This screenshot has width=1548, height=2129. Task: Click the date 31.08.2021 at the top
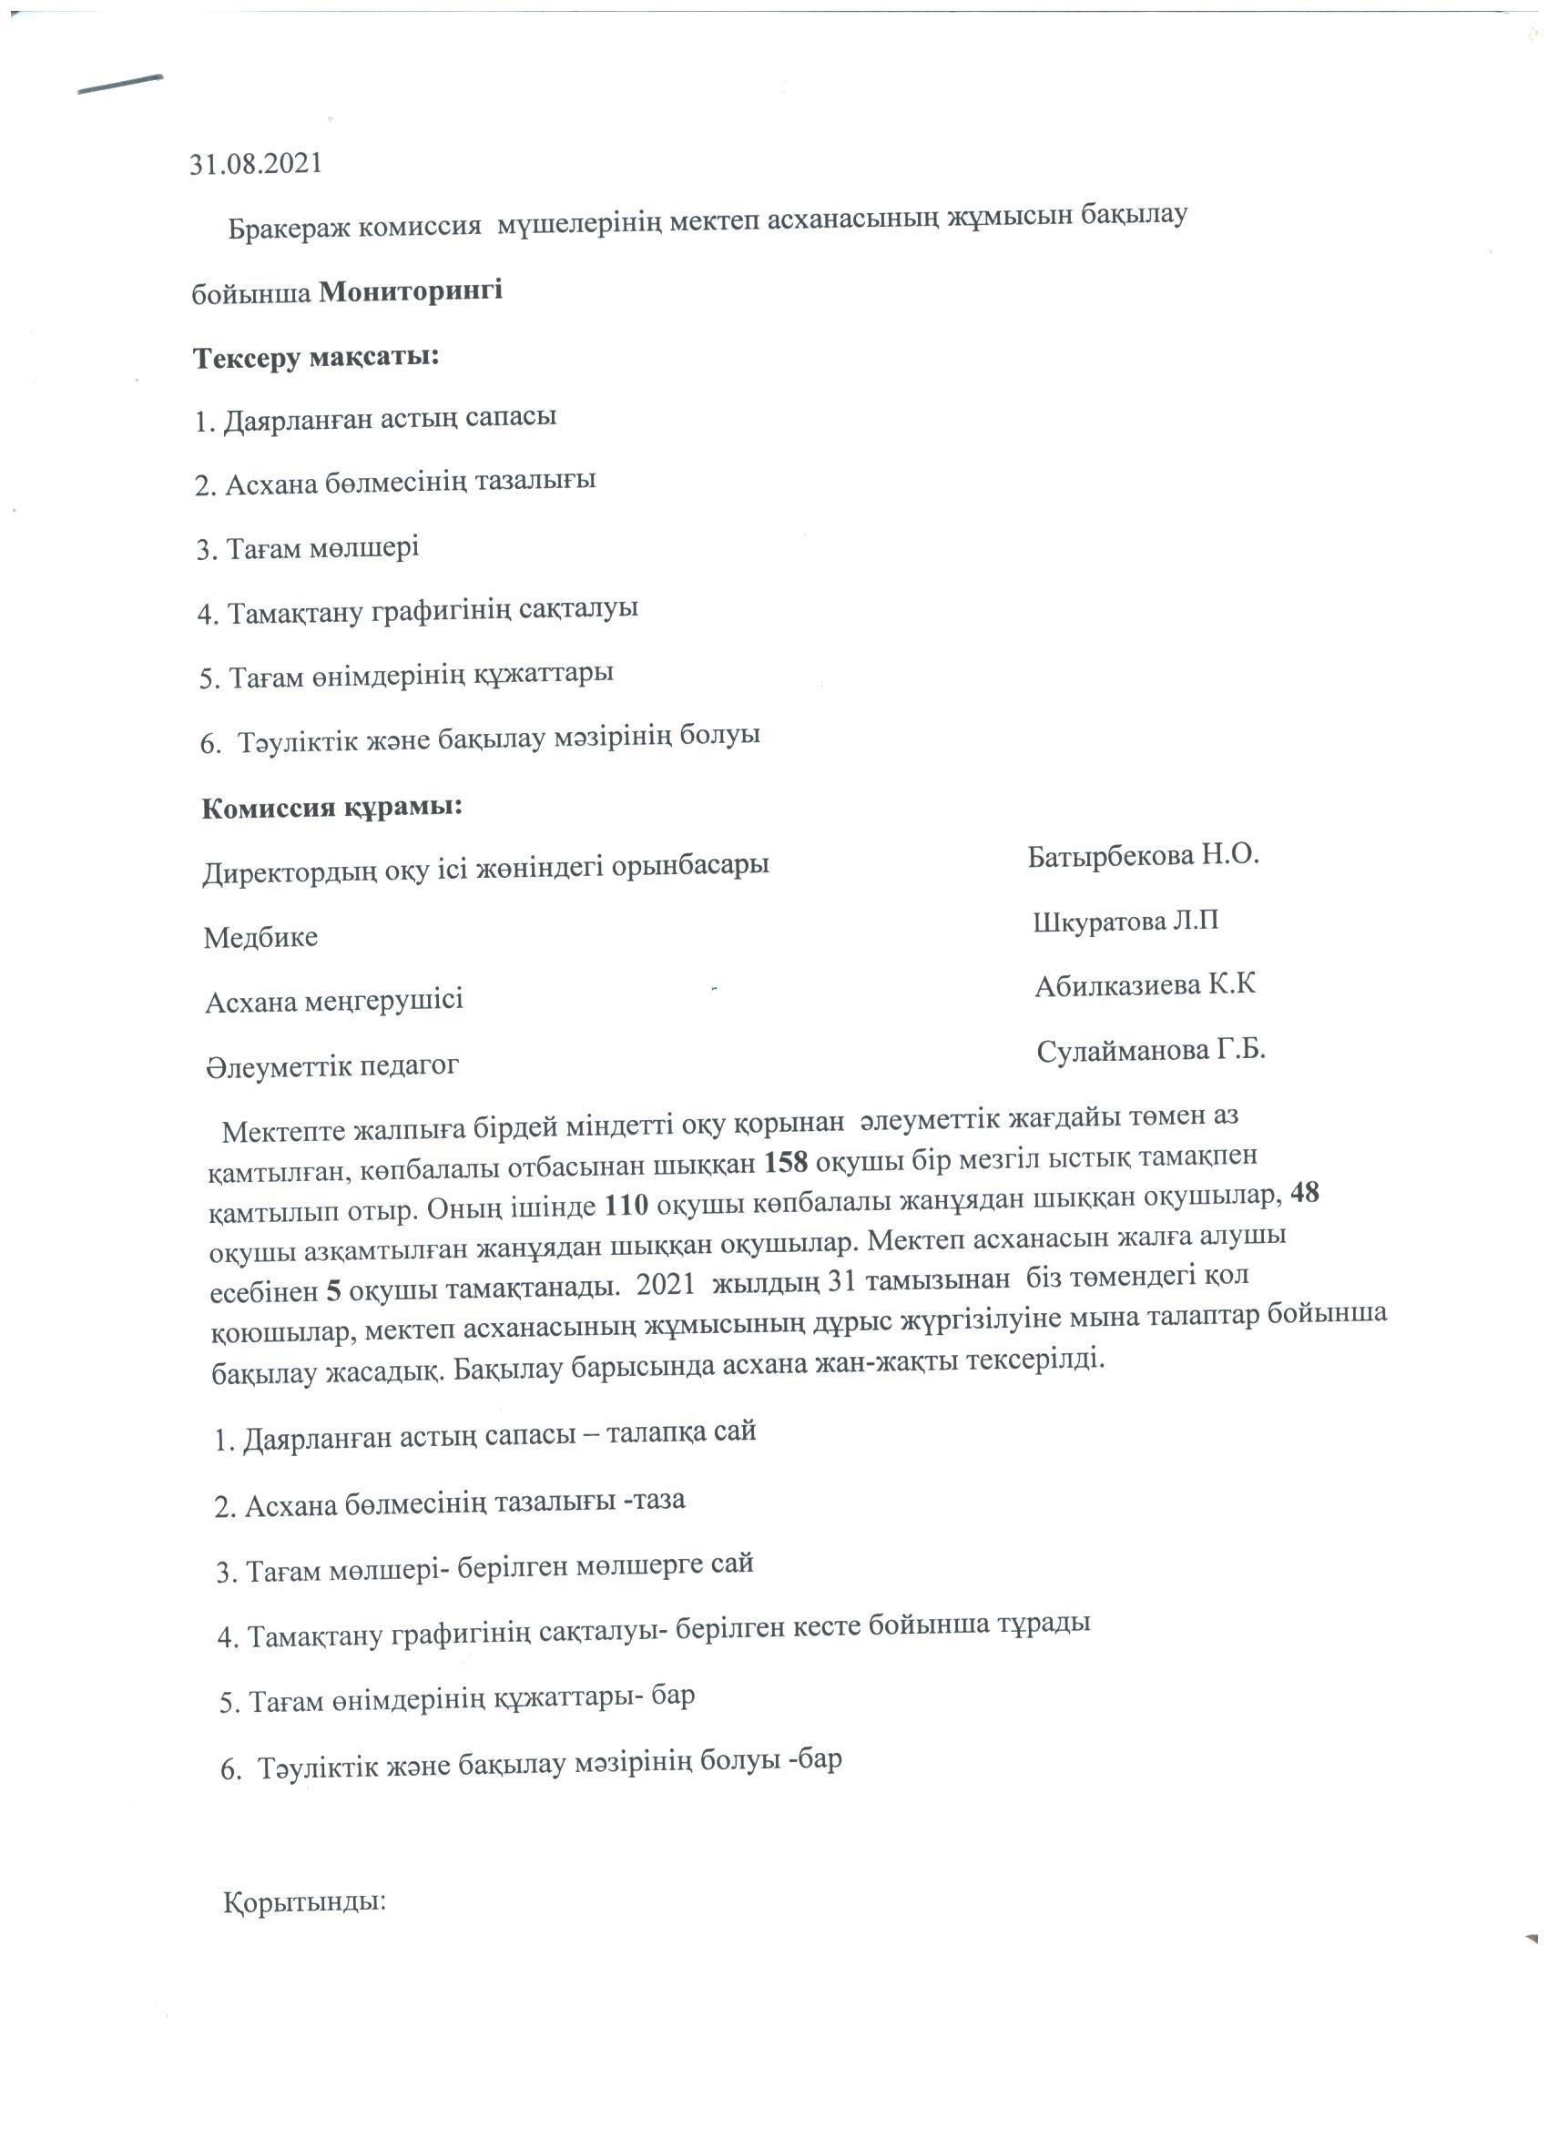(x=255, y=164)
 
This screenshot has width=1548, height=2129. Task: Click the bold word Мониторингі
(x=412, y=291)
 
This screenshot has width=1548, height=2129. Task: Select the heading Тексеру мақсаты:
(x=316, y=358)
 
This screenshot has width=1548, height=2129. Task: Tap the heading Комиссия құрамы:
(x=332, y=808)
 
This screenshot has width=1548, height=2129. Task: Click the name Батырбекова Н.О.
(x=1143, y=855)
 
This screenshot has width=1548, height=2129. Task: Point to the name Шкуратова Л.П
(x=1125, y=921)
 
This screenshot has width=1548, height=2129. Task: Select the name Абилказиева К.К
(x=1146, y=985)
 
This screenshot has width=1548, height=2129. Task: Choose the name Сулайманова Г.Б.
(x=1151, y=1051)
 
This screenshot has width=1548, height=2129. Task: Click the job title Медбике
(x=261, y=937)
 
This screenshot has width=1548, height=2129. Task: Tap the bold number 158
(x=786, y=1162)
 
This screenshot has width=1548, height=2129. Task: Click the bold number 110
(x=627, y=1206)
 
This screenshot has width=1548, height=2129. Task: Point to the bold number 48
(x=1305, y=1193)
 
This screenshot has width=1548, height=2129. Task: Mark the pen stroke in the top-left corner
(x=121, y=85)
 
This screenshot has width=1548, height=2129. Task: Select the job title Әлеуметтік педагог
(x=332, y=1066)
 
